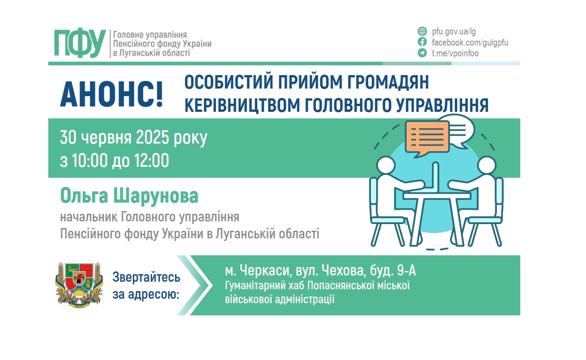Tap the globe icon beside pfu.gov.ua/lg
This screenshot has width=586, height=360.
pyautogui.click(x=421, y=31)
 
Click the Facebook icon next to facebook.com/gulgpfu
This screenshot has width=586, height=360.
pyautogui.click(x=421, y=42)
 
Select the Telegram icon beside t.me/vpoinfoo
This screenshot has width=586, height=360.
pyautogui.click(x=421, y=53)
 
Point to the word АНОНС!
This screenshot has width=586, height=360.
pyautogui.click(x=111, y=94)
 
